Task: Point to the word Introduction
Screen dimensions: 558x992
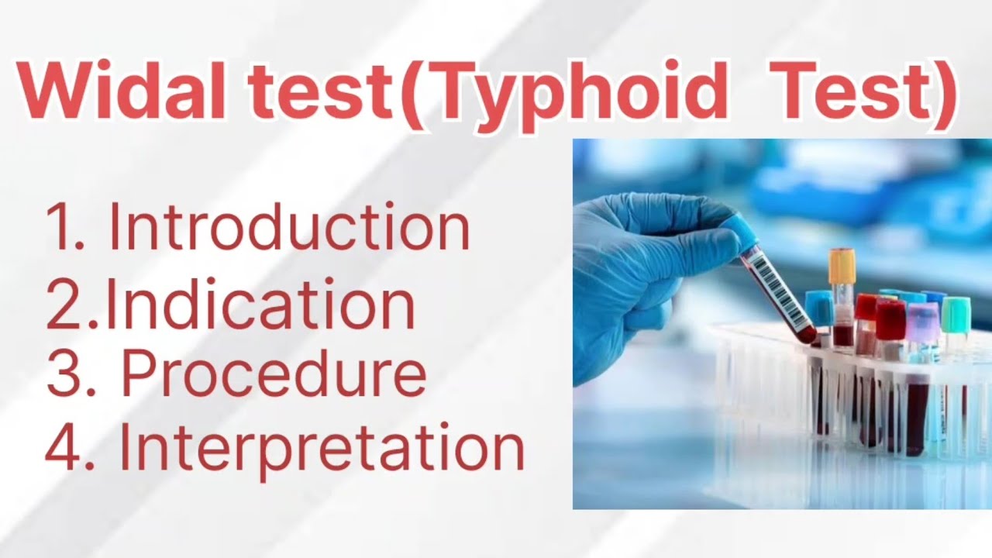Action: point(289,227)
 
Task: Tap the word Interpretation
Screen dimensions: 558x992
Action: point(322,449)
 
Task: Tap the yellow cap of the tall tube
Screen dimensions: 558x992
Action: point(841,266)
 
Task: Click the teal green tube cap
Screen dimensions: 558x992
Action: point(955,314)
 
